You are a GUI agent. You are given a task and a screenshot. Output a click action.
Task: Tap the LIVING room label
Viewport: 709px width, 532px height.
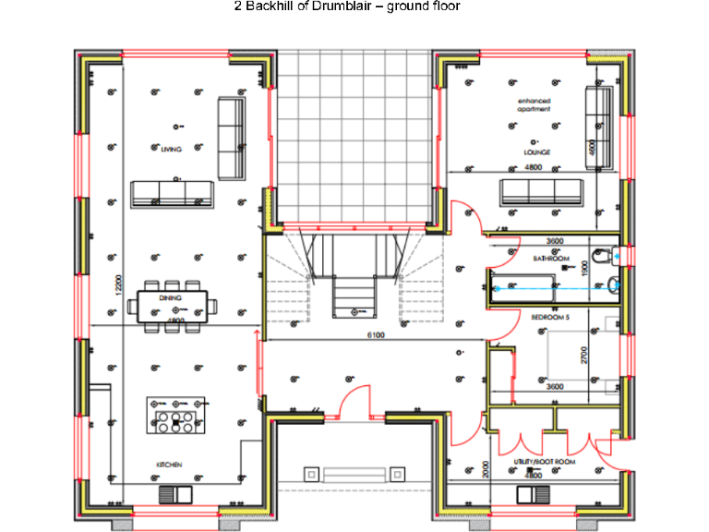[171, 149]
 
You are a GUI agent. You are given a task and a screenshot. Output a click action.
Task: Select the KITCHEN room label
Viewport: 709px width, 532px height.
[169, 464]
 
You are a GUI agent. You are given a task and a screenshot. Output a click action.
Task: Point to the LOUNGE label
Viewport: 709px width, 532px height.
[536, 152]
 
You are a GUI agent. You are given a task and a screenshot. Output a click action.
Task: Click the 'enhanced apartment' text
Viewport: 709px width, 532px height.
[534, 104]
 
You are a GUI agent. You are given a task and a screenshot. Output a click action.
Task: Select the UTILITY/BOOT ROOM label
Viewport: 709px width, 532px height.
[545, 460]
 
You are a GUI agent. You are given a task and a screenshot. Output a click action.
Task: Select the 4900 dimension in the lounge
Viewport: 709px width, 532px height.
[596, 145]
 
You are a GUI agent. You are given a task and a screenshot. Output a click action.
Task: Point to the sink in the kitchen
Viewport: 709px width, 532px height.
[173, 495]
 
